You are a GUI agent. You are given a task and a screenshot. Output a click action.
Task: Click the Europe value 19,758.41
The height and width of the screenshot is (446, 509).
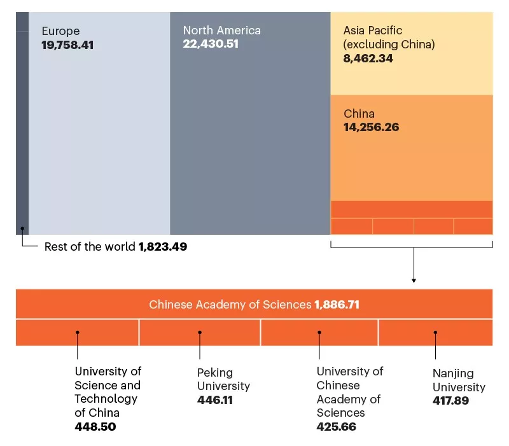pyautogui.click(x=67, y=45)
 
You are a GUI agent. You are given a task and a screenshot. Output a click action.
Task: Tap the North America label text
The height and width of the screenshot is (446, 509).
pyautogui.click(x=221, y=31)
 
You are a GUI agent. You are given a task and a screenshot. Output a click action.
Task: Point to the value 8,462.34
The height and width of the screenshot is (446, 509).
pyautogui.click(x=368, y=59)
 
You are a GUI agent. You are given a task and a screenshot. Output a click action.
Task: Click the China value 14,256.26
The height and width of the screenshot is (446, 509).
pyautogui.click(x=372, y=127)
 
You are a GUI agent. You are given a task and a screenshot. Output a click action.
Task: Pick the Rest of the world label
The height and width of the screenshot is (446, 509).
pyautogui.click(x=90, y=247)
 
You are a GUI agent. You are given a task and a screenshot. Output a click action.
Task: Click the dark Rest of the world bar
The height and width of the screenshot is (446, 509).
pyautogui.click(x=22, y=127)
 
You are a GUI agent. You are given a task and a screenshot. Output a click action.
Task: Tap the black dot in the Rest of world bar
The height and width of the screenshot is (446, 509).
pyautogui.click(x=22, y=228)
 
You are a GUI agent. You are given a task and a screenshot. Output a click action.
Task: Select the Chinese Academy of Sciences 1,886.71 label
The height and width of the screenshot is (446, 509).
pyautogui.click(x=254, y=305)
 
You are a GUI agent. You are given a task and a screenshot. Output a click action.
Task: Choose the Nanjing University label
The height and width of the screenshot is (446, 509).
pyautogui.click(x=459, y=380)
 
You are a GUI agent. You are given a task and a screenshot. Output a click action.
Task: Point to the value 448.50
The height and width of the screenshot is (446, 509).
pyautogui.click(x=95, y=426)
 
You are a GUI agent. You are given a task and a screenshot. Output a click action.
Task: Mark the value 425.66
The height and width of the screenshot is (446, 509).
pyautogui.click(x=337, y=426)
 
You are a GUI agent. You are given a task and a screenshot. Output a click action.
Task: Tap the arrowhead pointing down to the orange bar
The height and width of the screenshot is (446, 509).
pyautogui.click(x=414, y=280)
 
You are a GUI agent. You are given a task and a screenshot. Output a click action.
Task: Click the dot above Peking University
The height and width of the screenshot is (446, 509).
pyautogui.click(x=200, y=332)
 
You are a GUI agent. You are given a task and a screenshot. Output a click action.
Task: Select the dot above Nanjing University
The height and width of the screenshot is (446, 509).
pyautogui.click(x=435, y=332)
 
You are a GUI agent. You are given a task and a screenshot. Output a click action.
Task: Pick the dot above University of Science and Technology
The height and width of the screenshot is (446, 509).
pyautogui.click(x=77, y=332)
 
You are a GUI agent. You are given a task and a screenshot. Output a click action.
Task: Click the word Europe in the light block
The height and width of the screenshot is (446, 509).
pyautogui.click(x=60, y=31)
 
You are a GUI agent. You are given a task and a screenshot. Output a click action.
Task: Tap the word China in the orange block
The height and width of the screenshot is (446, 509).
pyautogui.click(x=359, y=114)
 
